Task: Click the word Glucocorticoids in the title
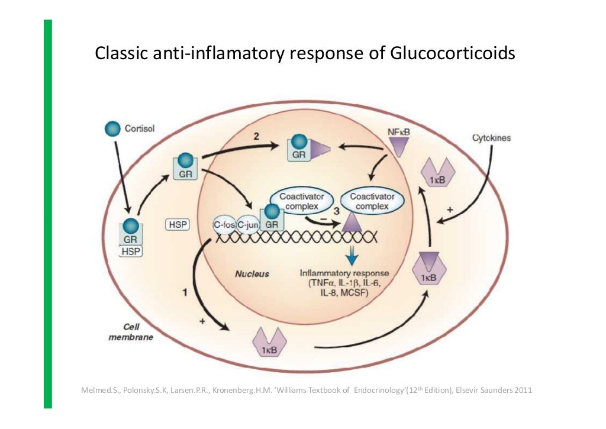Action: coord(453,54)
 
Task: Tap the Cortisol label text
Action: coord(140,129)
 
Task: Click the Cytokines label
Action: coord(491,138)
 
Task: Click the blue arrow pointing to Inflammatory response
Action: coord(353,253)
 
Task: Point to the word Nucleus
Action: coord(252,274)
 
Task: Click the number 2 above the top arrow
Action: coord(256,136)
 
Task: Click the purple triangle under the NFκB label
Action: coord(398,147)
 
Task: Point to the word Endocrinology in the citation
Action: coord(375,391)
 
